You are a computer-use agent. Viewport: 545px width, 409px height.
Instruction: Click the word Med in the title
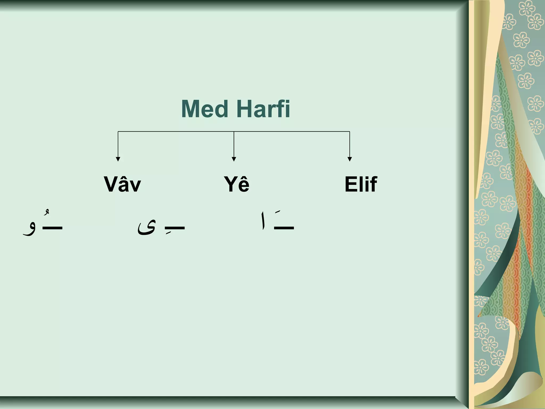pyautogui.click(x=205, y=109)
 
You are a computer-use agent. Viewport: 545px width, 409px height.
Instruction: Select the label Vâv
pyautogui.click(x=122, y=184)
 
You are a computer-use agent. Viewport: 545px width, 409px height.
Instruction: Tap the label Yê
pyautogui.click(x=237, y=184)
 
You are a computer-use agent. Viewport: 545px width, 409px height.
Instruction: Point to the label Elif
pyautogui.click(x=361, y=184)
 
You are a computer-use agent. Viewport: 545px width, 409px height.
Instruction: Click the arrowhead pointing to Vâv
pyautogui.click(x=118, y=159)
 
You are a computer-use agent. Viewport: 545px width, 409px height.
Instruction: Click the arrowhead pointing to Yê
pyautogui.click(x=234, y=159)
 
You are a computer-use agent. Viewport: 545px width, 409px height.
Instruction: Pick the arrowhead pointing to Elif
pyautogui.click(x=350, y=159)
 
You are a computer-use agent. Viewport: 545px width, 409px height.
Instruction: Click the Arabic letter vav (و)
pyautogui.click(x=30, y=229)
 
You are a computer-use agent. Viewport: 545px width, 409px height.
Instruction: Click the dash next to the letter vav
pyautogui.click(x=52, y=228)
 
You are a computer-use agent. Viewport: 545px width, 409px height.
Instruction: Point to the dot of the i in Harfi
pyautogui.click(x=287, y=101)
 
